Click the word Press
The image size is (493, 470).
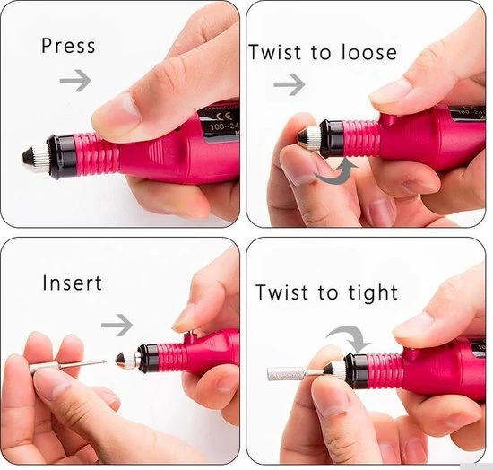coord(67,46)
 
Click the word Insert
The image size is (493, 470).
coord(73,283)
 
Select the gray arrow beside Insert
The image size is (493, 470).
coord(117,323)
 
